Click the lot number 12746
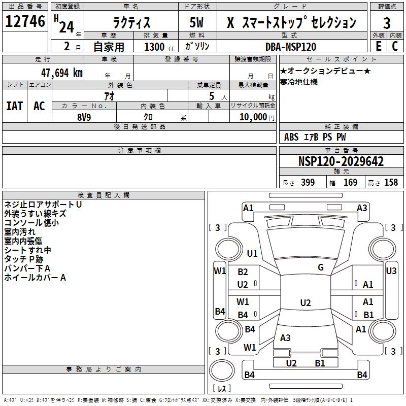[x=25, y=21]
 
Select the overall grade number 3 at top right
[x=387, y=23]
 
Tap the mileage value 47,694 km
[x=61, y=73]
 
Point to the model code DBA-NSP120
[x=291, y=47]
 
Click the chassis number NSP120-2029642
[x=341, y=161]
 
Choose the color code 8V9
[x=84, y=117]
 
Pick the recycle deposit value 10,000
[x=253, y=117]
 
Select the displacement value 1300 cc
[x=159, y=47]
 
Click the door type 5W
[x=196, y=22]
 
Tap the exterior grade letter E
[x=378, y=46]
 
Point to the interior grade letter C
[x=395, y=46]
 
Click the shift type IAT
[x=15, y=106]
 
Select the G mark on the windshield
[x=321, y=267]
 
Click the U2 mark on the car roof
[x=306, y=302]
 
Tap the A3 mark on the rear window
[x=285, y=337]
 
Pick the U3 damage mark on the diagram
[x=391, y=271]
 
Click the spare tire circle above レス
[x=222, y=370]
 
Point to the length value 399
[x=308, y=182]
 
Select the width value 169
[x=350, y=182]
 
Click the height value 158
[x=391, y=182]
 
